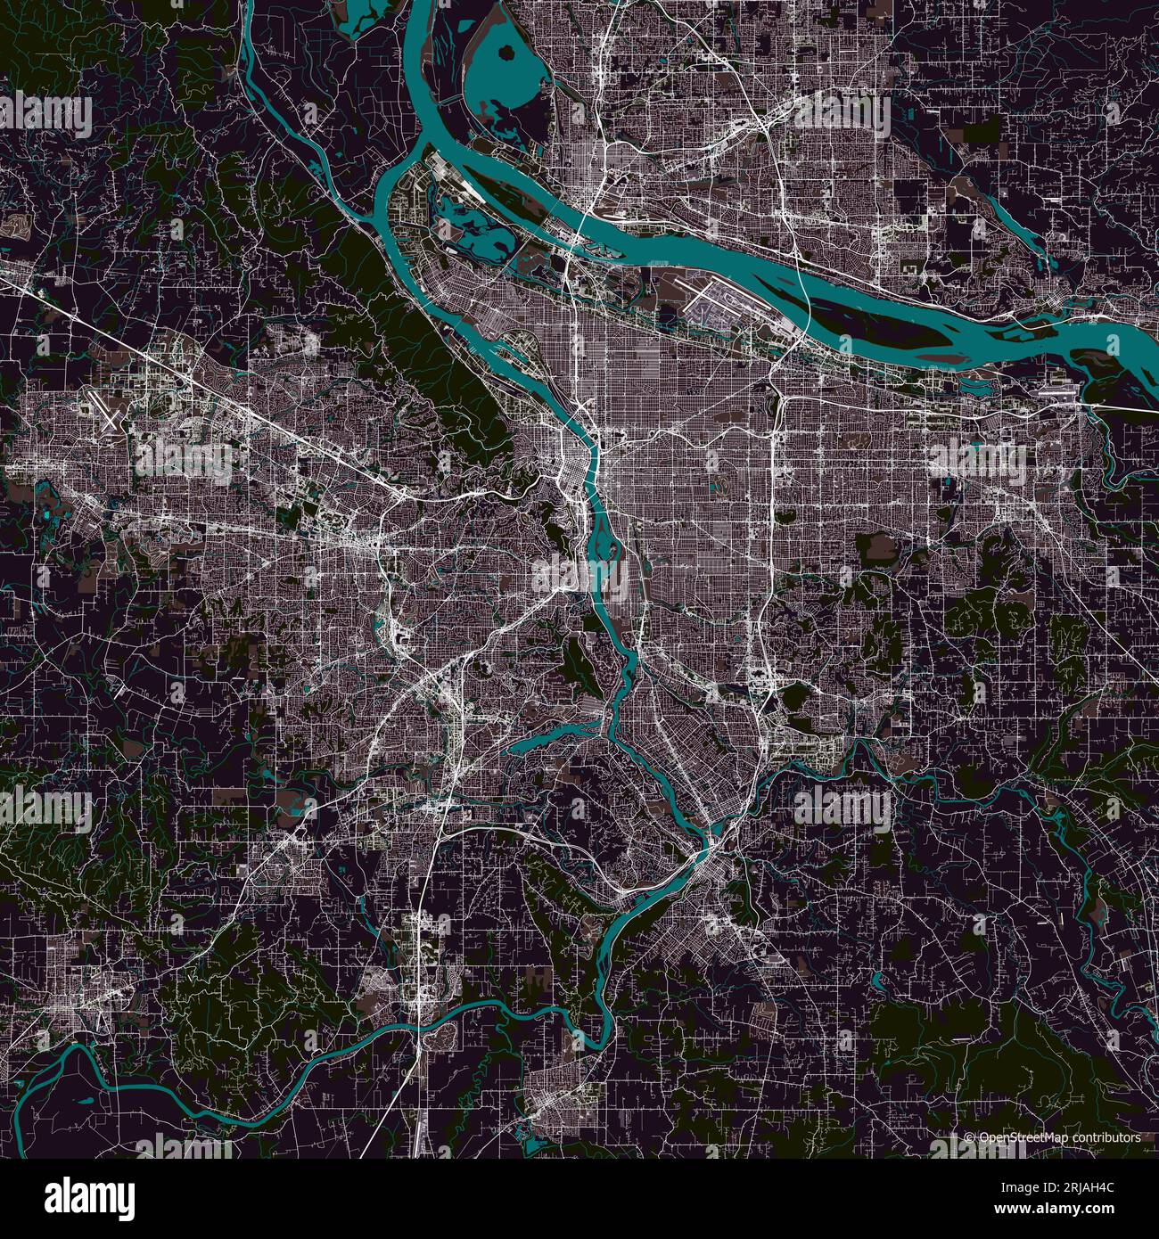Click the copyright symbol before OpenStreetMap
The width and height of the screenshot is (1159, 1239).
970,1137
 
